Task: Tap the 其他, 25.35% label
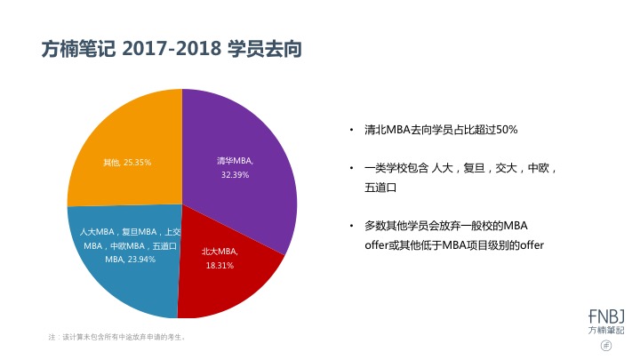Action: coord(127,163)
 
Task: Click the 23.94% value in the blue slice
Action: coord(137,259)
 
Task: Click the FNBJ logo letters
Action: coord(606,314)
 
